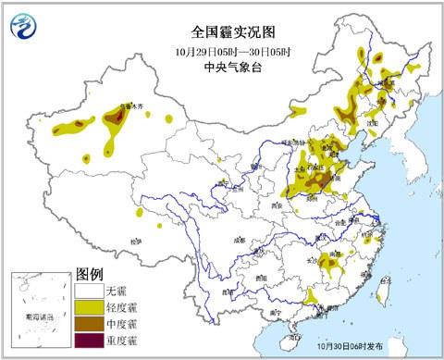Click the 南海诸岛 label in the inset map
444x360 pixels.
point(37,317)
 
